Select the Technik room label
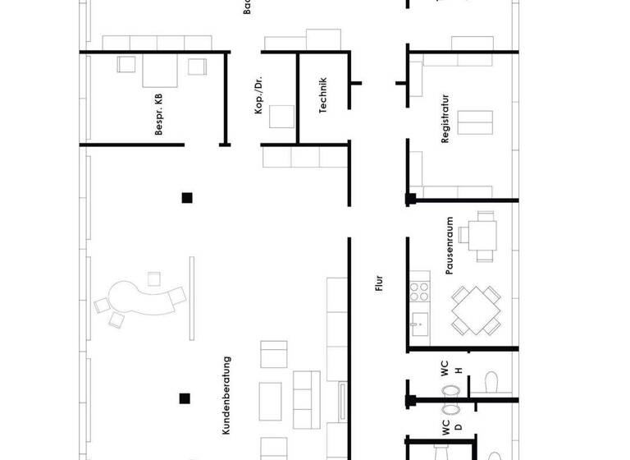[x=323, y=94]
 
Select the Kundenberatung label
[x=227, y=395]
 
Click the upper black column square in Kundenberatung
[x=187, y=197]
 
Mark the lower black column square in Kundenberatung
[x=185, y=399]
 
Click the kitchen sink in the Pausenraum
[x=419, y=322]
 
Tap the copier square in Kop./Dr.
[x=282, y=116]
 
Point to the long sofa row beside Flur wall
[x=337, y=329]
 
